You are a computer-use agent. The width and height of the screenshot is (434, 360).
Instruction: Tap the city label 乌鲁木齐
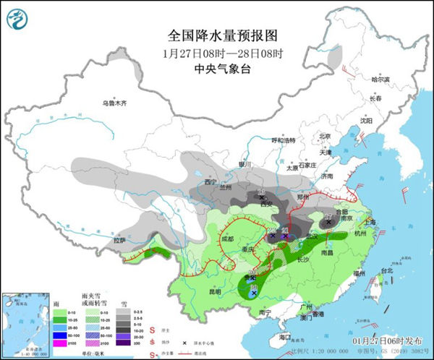[114, 103]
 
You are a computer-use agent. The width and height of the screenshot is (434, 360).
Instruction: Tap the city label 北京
[324, 136]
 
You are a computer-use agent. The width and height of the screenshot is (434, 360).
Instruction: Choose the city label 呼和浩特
[284, 140]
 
